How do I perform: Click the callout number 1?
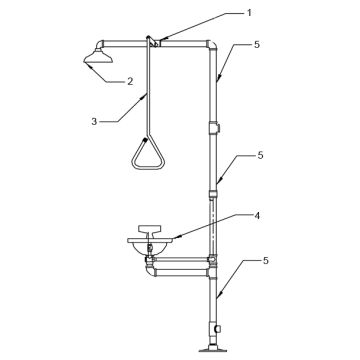click(x=249, y=13)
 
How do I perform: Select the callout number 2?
click(x=130, y=81)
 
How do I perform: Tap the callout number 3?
click(x=94, y=122)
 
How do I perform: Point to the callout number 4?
click(x=257, y=216)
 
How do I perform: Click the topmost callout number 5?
click(x=256, y=45)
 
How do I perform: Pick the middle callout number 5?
click(x=260, y=155)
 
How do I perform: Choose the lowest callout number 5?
click(x=265, y=261)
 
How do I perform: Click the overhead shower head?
click(x=98, y=56)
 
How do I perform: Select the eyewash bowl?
click(x=150, y=244)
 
